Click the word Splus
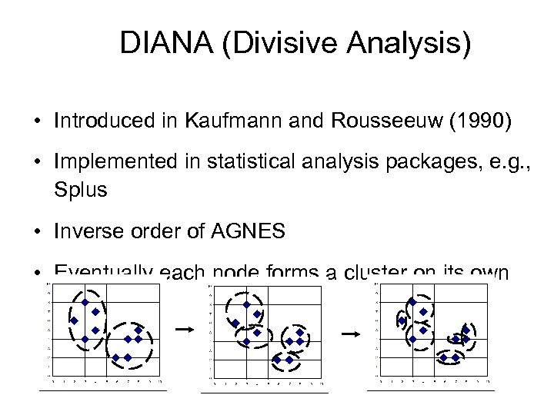(81, 189)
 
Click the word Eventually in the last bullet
(102, 272)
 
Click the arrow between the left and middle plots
(184, 329)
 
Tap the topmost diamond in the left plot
(85, 301)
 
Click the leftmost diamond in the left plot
(74, 320)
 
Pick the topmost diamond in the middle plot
(245, 304)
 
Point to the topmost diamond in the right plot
(412, 302)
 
